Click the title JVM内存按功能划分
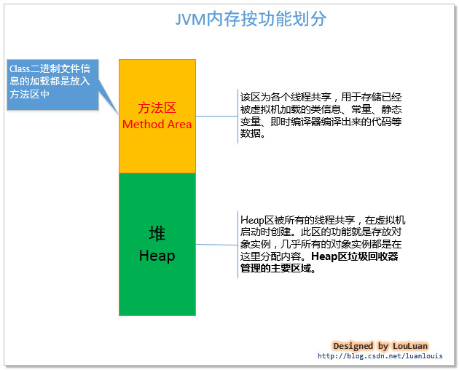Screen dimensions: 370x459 click(251, 20)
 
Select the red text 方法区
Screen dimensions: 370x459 click(157, 108)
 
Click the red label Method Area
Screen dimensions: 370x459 click(157, 124)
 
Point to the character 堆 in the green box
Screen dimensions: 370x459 click(157, 233)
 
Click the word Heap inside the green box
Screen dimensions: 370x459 click(157, 256)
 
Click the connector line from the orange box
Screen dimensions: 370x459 click(216, 115)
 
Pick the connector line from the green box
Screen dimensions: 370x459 click(216, 245)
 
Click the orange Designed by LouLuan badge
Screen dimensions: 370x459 click(380, 345)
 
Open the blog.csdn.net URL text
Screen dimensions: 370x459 click(380, 356)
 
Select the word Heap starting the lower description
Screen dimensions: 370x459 click(251, 219)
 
